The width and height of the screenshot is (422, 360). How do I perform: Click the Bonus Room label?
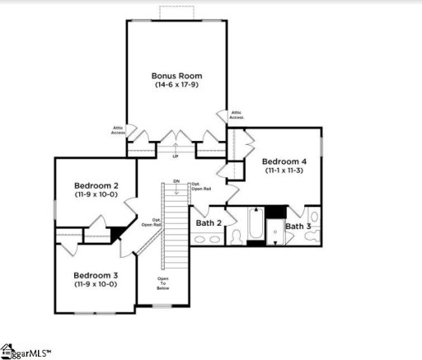point(177,74)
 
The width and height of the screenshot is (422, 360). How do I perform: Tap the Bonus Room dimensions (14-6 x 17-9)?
point(177,85)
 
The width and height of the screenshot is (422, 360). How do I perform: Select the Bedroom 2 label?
point(96,186)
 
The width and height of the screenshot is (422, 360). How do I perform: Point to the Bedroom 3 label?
point(96,274)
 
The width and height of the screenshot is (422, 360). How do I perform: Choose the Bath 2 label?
point(209,222)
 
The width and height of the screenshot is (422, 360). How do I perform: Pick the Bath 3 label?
point(298,226)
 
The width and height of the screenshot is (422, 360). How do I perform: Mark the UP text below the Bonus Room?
point(176,157)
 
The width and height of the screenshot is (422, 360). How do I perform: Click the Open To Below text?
point(163,284)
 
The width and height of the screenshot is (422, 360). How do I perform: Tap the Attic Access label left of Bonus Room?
point(118,129)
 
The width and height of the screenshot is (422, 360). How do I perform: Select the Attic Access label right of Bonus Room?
point(237,115)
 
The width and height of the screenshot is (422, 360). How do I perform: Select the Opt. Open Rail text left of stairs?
point(151,222)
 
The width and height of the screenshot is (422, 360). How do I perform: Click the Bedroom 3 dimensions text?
point(96,284)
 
